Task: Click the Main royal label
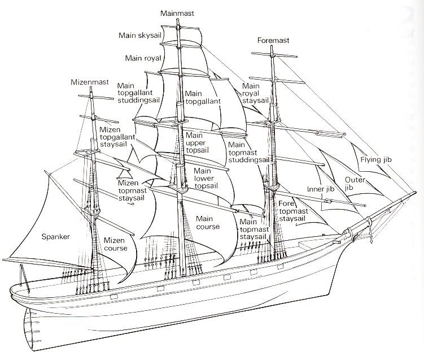(x=143, y=58)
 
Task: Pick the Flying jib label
(x=376, y=160)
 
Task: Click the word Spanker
(x=56, y=237)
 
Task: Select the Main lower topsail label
(x=206, y=178)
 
